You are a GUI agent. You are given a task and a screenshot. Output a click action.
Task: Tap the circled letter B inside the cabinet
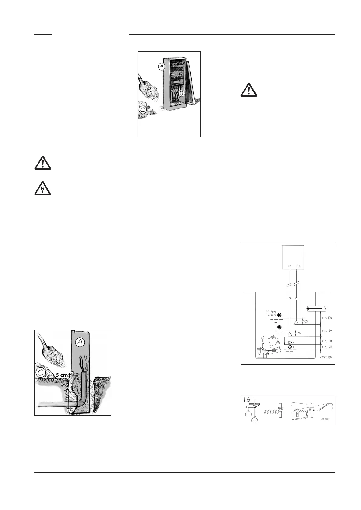click(181, 93)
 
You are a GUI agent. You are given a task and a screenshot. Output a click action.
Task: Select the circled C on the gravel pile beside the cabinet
click(143, 109)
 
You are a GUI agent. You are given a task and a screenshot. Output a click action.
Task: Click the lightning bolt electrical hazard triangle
click(42, 188)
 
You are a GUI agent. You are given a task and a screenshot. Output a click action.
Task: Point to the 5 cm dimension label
click(62, 375)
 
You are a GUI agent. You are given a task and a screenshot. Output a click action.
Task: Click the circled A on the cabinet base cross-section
click(80, 342)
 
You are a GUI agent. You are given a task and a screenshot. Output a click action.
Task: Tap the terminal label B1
click(289, 267)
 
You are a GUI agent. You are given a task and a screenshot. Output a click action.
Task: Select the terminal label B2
click(298, 267)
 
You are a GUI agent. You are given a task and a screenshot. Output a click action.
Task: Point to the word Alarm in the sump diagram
click(272, 315)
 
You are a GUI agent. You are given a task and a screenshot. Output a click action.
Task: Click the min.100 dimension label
click(326, 318)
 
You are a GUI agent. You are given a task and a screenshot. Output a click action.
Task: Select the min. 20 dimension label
click(326, 347)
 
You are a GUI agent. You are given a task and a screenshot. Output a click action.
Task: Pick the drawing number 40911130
click(326, 357)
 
